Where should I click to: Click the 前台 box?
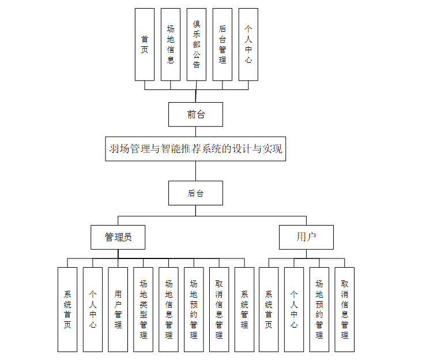coord(195,114)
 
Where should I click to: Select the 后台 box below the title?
coord(195,193)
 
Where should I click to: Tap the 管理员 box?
coord(118,237)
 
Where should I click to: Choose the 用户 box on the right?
coord(306,237)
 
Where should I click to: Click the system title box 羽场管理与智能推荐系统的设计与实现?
coord(195,148)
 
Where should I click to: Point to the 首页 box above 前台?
coord(145,44)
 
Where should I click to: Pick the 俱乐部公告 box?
coord(196,44)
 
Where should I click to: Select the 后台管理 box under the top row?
coord(222,44)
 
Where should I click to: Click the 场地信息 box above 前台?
coord(170,44)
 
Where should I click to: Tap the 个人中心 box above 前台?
coord(248,44)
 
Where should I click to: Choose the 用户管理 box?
coord(118,309)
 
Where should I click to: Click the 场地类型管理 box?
coord(144,309)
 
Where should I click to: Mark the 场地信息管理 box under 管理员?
coord(169,309)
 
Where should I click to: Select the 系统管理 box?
coord(244,309)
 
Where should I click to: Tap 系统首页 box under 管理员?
coord(67,309)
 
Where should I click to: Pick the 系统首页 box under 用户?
coord(269,309)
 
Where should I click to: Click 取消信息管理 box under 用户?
coord(344,309)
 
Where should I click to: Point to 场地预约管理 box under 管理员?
coord(194,309)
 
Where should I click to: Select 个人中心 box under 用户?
coord(294,309)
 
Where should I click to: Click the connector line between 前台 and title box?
coord(195,131)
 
